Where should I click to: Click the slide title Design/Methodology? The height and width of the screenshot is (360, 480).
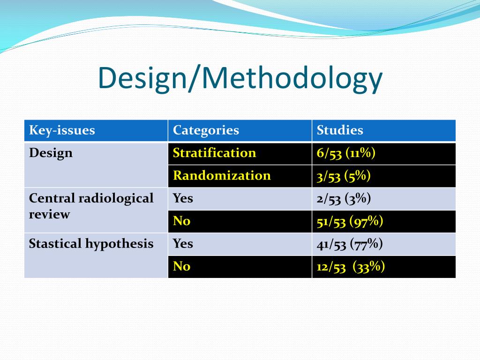click(x=240, y=78)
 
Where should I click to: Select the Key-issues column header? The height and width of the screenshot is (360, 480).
click(x=62, y=130)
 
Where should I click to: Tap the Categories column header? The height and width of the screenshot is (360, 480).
click(x=206, y=130)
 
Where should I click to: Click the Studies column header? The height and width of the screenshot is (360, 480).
click(x=340, y=130)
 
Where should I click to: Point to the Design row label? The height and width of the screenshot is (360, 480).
click(x=51, y=153)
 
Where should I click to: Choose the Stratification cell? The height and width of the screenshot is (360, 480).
click(x=214, y=153)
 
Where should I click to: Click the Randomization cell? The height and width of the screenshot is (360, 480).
click(x=222, y=175)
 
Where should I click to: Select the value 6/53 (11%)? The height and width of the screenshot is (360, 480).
click(x=346, y=153)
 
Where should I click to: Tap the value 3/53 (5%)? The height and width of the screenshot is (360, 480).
click(x=344, y=175)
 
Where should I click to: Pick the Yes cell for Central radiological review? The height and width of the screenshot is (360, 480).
click(x=183, y=198)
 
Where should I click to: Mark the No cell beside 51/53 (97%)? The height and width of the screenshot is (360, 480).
click(x=181, y=221)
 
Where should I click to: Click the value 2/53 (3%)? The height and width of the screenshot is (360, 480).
click(x=344, y=198)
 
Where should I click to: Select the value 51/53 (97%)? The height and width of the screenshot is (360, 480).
click(x=350, y=221)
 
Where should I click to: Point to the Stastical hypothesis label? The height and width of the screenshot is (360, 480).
click(x=91, y=244)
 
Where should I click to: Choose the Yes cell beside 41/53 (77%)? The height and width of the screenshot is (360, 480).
click(x=183, y=244)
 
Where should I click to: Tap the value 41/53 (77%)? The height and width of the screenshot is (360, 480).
click(x=350, y=244)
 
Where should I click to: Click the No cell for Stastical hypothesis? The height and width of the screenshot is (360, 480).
click(x=181, y=267)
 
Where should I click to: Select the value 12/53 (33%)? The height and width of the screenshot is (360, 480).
click(x=351, y=267)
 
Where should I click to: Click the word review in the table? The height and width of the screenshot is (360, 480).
click(x=49, y=215)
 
